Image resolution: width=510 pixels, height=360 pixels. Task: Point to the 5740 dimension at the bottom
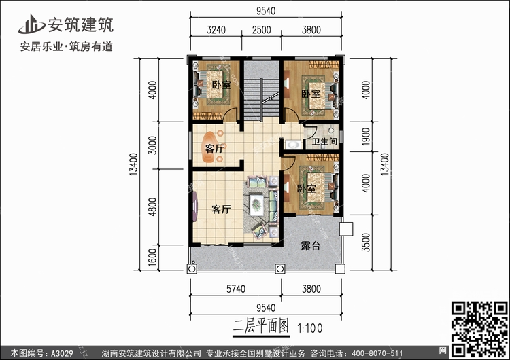[235, 288]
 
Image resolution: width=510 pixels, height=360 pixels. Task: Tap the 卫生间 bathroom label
[324, 143]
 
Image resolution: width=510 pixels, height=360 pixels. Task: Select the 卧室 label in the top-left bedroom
[220, 86]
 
